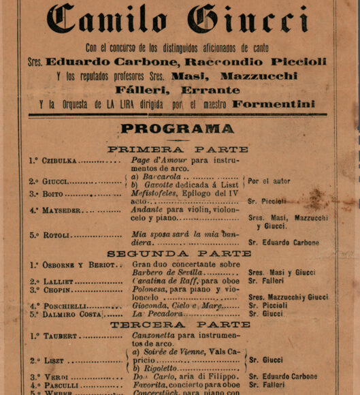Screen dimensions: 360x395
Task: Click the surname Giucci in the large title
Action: pyautogui.click(x=248, y=20)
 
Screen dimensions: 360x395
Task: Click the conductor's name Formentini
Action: pyautogui.click(x=274, y=104)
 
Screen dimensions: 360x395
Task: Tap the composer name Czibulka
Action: pyautogui.click(x=60, y=161)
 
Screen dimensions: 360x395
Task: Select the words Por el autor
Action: pyautogui.click(x=269, y=181)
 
